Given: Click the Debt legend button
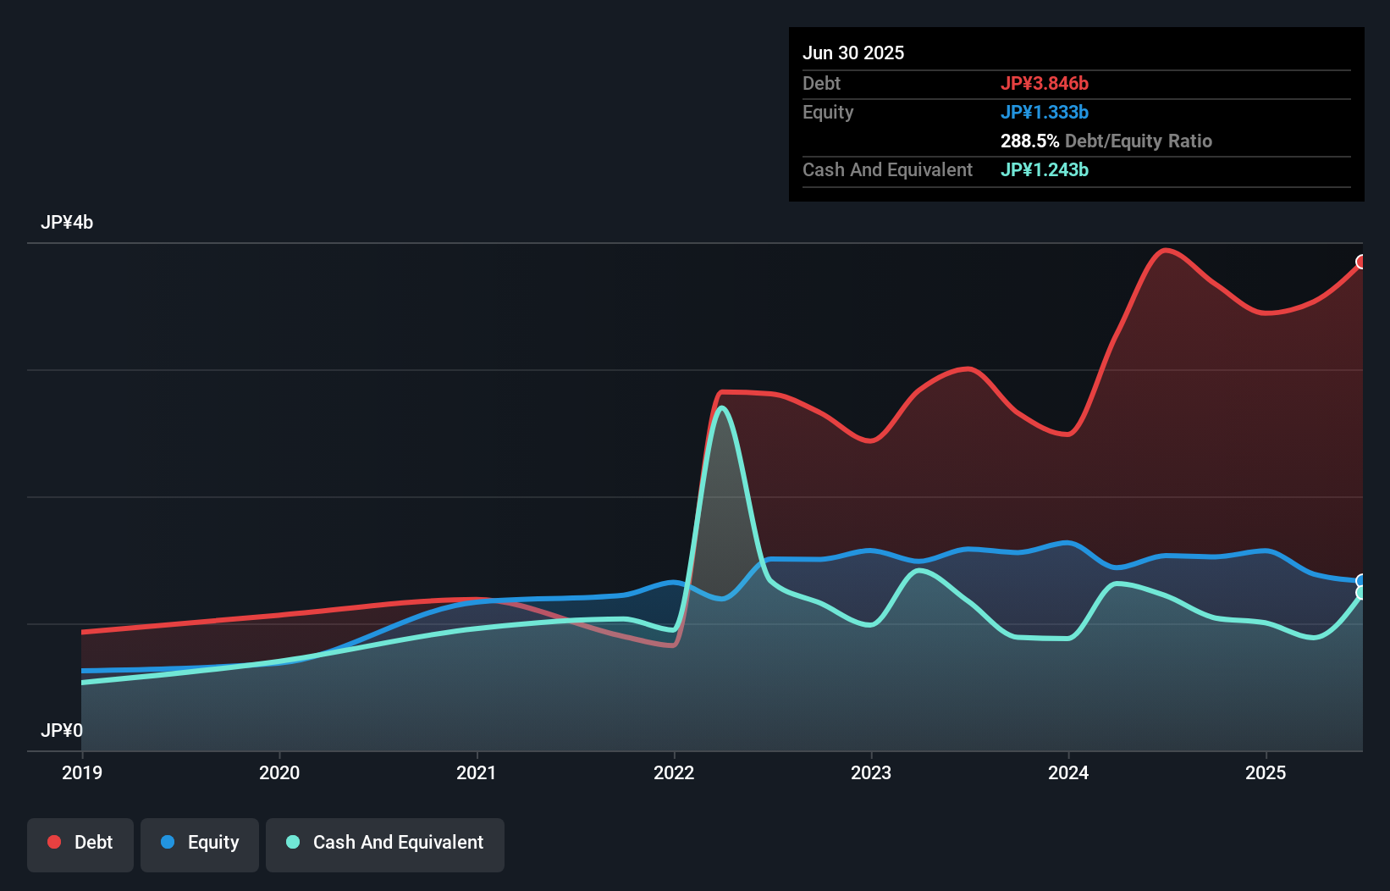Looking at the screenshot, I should tap(80, 844).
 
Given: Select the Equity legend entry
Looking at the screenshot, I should tap(200, 844).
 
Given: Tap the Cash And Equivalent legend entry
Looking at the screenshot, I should tap(385, 844).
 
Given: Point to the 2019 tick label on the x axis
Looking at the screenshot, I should tap(82, 772).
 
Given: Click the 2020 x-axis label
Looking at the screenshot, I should tap(279, 772).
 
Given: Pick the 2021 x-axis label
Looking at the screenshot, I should tap(477, 772).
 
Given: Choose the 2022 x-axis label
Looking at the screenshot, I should tap(674, 772).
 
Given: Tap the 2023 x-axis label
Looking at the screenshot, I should tap(871, 772).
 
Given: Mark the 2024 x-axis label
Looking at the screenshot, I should tap(1068, 772).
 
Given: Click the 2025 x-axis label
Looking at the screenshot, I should tap(1266, 772).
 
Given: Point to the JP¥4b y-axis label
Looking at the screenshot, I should tap(67, 223).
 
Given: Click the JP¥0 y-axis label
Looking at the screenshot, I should tap(62, 730).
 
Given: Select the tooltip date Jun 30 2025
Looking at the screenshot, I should tap(853, 53).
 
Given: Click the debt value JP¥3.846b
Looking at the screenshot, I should tap(1045, 84).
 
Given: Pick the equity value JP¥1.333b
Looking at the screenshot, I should tap(1045, 113).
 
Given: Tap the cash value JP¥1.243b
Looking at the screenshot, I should tap(1045, 170).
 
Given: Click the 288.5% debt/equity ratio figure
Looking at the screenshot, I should tap(1029, 141).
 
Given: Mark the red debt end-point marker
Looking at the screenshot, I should tap(1361, 262).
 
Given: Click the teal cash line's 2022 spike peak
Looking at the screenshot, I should tap(722, 408).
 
